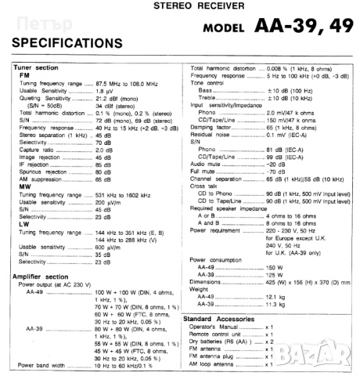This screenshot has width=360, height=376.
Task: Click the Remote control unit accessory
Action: click(x=224, y=334)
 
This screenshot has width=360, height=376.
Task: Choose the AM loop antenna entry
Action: click(x=218, y=364)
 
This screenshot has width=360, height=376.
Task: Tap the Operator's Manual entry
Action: click(x=220, y=327)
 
